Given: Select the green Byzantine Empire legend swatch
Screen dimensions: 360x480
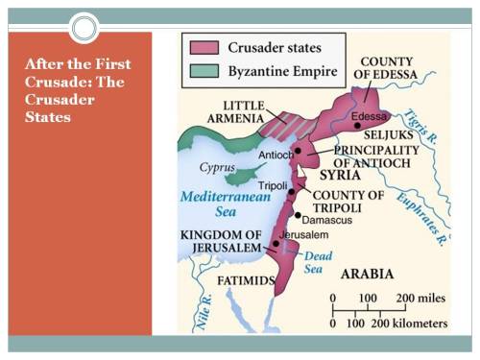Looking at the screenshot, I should pyautogui.click(x=204, y=69).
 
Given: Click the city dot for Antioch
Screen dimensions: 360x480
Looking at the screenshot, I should pyautogui.click(x=299, y=151).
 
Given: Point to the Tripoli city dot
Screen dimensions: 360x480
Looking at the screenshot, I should pyautogui.click(x=291, y=192).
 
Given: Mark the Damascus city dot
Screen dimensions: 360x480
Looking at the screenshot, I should pyautogui.click(x=298, y=215).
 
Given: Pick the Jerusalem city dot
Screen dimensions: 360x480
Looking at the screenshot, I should pyautogui.click(x=276, y=244).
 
